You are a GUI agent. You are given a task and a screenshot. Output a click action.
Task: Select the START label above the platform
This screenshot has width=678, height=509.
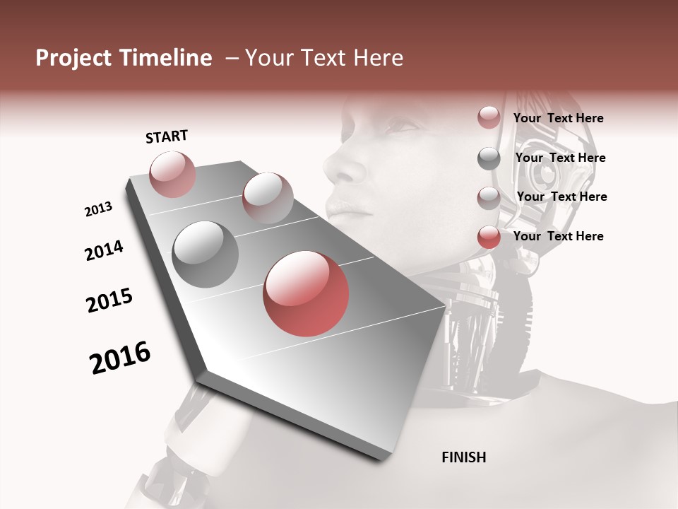pyautogui.click(x=167, y=136)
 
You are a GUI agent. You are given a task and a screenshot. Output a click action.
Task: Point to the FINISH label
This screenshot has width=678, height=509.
pyautogui.click(x=464, y=457)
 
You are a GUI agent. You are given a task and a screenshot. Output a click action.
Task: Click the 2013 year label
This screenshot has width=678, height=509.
pyautogui.click(x=98, y=209)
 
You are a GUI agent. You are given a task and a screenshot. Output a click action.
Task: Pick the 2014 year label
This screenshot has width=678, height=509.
pyautogui.click(x=104, y=251)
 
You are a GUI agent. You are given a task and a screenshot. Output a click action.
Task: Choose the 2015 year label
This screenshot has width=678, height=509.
pyautogui.click(x=109, y=300)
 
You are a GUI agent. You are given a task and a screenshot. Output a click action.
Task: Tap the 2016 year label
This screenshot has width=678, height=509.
pyautogui.click(x=120, y=358)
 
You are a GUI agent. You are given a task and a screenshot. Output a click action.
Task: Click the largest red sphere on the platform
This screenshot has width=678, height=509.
pyautogui.click(x=306, y=293)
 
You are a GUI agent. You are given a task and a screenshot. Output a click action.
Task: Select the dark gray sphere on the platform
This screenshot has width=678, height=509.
pyautogui.click(x=206, y=255)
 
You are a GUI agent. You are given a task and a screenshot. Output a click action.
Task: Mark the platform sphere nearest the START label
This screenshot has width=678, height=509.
pyautogui.click(x=172, y=174)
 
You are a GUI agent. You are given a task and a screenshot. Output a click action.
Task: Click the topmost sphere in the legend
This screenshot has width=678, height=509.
pyautogui.click(x=489, y=117)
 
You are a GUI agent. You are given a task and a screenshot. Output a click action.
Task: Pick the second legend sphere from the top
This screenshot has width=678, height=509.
pyautogui.click(x=489, y=158)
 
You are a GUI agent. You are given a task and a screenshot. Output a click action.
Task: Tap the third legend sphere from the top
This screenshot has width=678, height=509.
pyautogui.click(x=489, y=198)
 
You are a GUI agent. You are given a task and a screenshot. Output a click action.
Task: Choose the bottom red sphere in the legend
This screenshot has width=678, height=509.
pyautogui.click(x=489, y=238)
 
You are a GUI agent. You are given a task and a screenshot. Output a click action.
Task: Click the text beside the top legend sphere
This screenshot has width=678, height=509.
pyautogui.click(x=558, y=118)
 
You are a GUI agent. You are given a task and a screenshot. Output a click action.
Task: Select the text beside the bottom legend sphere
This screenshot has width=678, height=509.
pyautogui.click(x=558, y=236)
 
